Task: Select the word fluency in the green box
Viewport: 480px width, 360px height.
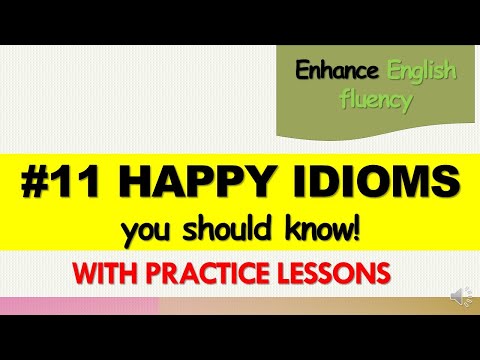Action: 376,101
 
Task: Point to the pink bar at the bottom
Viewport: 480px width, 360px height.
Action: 80,306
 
